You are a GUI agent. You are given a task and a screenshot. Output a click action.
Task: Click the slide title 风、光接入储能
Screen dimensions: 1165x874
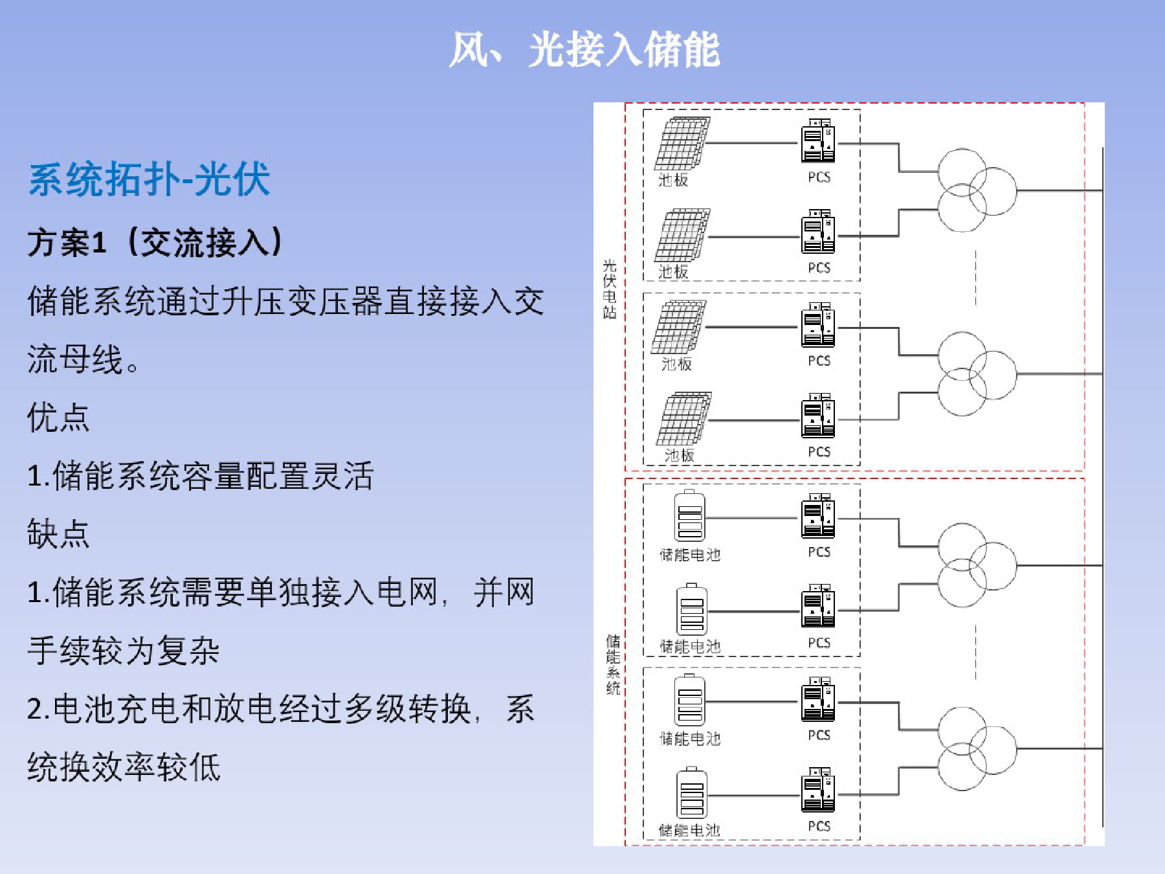[x=584, y=49]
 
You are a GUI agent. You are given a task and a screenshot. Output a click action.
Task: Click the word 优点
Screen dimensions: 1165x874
[x=58, y=417]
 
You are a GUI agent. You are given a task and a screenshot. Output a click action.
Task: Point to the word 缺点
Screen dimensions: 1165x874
[x=58, y=533]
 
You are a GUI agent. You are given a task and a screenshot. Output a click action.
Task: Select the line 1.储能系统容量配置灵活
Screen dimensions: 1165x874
[x=201, y=475]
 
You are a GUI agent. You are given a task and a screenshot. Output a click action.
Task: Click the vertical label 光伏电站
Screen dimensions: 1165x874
[x=609, y=289]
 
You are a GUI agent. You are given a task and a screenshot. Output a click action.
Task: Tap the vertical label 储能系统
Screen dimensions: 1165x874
[x=613, y=665]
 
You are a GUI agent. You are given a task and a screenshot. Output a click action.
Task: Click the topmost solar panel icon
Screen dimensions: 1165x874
[x=682, y=143]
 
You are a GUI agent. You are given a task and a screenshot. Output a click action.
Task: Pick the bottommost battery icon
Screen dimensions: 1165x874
[x=691, y=793]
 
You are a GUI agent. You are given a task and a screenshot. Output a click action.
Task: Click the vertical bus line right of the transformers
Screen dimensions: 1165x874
[x=1102, y=487]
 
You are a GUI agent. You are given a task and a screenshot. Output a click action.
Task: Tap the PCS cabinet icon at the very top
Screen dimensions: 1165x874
[x=818, y=140]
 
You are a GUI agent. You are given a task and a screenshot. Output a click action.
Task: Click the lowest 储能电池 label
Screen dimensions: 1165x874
[x=689, y=830]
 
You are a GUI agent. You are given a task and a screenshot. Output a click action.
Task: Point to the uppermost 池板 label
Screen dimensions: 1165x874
[x=673, y=180]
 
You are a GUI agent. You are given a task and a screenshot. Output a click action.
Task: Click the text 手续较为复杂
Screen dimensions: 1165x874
[x=124, y=650]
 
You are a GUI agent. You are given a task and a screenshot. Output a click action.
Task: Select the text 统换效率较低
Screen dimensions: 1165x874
[x=124, y=767]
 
